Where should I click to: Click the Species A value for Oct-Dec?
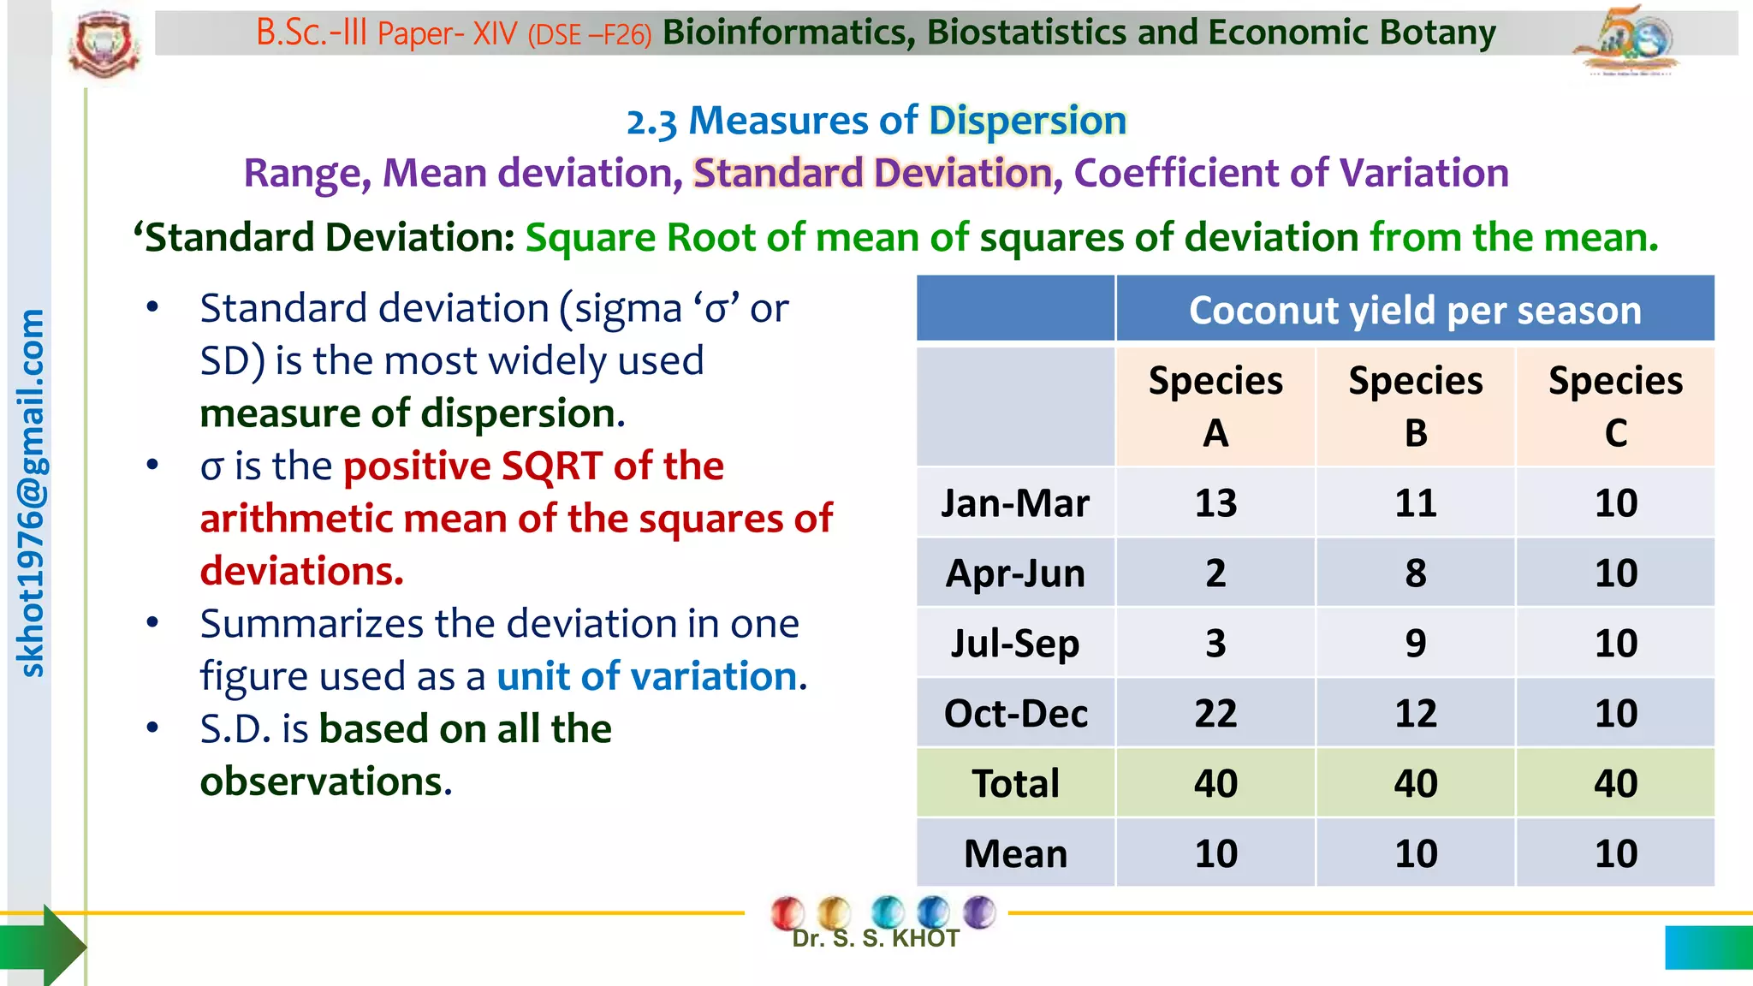[1215, 713]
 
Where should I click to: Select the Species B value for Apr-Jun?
[1415, 573]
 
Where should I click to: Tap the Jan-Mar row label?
[1015, 502]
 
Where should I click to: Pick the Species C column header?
[1615, 406]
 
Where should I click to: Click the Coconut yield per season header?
[1414, 310]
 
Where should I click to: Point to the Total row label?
[1015, 783]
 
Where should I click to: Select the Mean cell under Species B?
[1415, 853]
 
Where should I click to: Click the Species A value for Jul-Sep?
[1215, 643]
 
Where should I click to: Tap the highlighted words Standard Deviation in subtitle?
[871, 173]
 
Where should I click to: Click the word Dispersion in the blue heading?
[1027, 121]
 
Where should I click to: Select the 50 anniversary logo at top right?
[1626, 40]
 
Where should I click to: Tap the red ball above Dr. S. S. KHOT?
[787, 912]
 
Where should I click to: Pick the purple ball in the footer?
[979, 912]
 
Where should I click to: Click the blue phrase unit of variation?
[647, 676]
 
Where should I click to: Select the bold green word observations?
[325, 781]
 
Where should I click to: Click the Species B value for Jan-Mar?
[1415, 502]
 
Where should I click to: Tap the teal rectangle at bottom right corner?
[1708, 947]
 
